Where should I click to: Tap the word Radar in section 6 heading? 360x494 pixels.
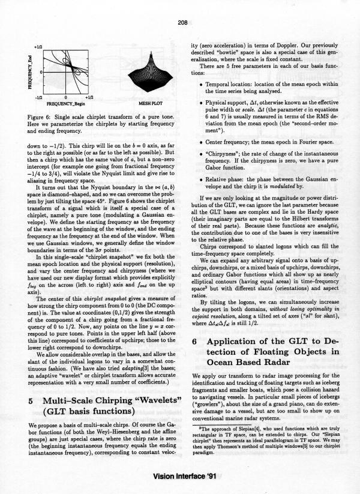(x=274, y=363)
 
